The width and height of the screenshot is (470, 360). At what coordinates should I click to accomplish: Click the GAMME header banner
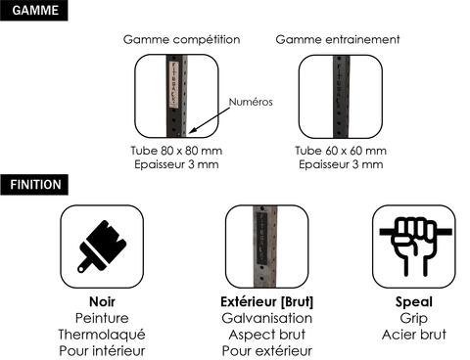point(34,11)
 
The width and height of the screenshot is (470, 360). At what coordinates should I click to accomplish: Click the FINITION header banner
point(34,185)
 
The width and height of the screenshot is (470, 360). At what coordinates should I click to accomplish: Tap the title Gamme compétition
point(182,40)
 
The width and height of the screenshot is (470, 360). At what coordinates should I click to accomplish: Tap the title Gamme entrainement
point(338,40)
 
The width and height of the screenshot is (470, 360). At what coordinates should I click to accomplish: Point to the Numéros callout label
point(251,102)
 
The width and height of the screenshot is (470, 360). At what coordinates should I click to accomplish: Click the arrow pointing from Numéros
point(210,120)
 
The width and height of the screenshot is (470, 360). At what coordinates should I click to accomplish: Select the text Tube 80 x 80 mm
point(176,151)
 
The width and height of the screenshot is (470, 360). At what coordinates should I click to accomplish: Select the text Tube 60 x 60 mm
point(341,151)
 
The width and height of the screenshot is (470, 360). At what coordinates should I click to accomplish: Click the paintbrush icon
point(102,247)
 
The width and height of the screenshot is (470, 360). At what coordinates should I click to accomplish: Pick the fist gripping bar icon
point(414,247)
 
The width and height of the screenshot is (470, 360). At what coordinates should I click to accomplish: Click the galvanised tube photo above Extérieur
point(265,247)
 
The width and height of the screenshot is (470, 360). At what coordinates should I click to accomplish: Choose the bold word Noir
point(102,302)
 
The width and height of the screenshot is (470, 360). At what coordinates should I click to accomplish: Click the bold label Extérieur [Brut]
point(267,302)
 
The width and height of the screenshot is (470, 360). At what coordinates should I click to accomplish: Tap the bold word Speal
point(414,302)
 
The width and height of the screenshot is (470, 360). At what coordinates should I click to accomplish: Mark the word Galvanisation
point(267,318)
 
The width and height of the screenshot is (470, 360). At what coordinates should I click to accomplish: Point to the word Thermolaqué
point(102,335)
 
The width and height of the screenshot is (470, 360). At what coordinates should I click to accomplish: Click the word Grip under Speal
point(414,319)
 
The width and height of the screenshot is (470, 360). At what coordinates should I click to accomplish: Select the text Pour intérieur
point(102,351)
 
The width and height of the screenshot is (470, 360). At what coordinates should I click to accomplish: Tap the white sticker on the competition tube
point(174,84)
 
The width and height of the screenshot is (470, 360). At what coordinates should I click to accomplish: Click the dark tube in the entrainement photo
point(341,97)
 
